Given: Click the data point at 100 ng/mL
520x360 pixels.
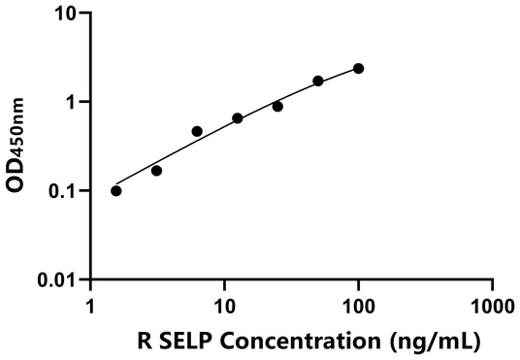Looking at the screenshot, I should pos(358,68).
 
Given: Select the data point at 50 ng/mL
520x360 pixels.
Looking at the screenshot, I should pos(318,81).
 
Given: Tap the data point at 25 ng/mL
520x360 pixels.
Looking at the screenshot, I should pos(277,106).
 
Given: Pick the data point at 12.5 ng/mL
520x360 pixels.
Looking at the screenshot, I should pos(238,118).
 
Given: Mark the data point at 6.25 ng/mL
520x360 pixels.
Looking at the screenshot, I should pos(197,131).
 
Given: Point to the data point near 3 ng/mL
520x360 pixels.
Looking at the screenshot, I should pos(156,171).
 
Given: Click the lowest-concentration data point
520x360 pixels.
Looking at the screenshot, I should pos(116,190).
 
